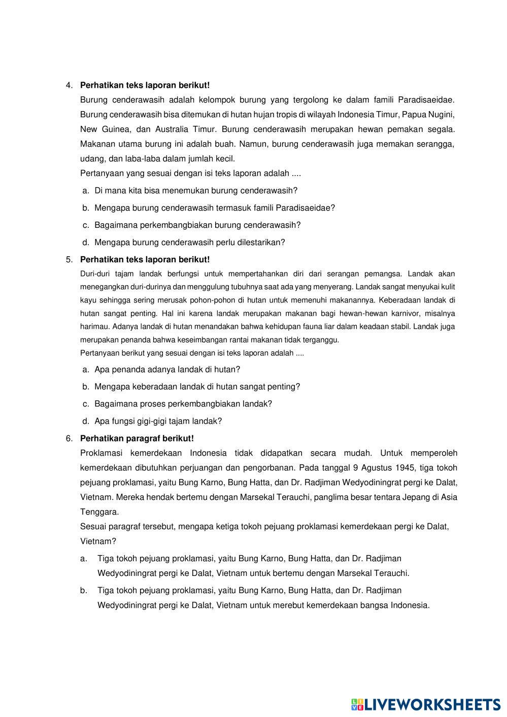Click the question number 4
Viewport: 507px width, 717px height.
pos(69,85)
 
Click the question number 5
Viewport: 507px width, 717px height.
pos(69,260)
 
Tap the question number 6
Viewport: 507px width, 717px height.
pos(69,438)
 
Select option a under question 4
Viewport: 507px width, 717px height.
pos(196,191)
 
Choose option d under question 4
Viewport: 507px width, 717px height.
pos(190,243)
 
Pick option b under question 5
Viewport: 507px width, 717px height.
pos(197,387)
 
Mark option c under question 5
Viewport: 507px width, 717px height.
pos(183,404)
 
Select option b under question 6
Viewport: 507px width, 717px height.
pos(263,598)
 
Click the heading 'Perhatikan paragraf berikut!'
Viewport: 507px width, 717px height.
pos(137,438)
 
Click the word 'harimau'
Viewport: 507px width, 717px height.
pos(94,327)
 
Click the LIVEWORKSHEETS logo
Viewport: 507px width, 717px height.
pos(426,704)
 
